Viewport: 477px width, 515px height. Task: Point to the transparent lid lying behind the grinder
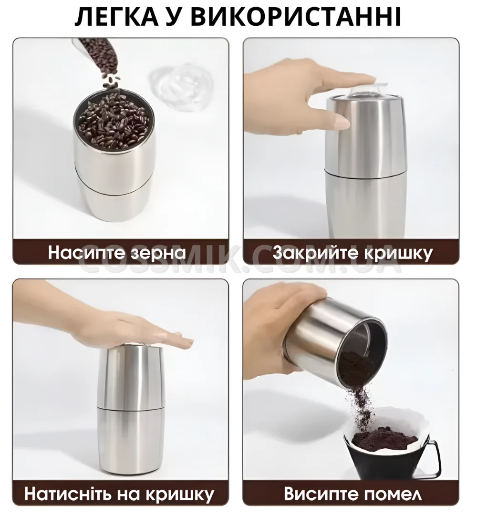179,87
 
